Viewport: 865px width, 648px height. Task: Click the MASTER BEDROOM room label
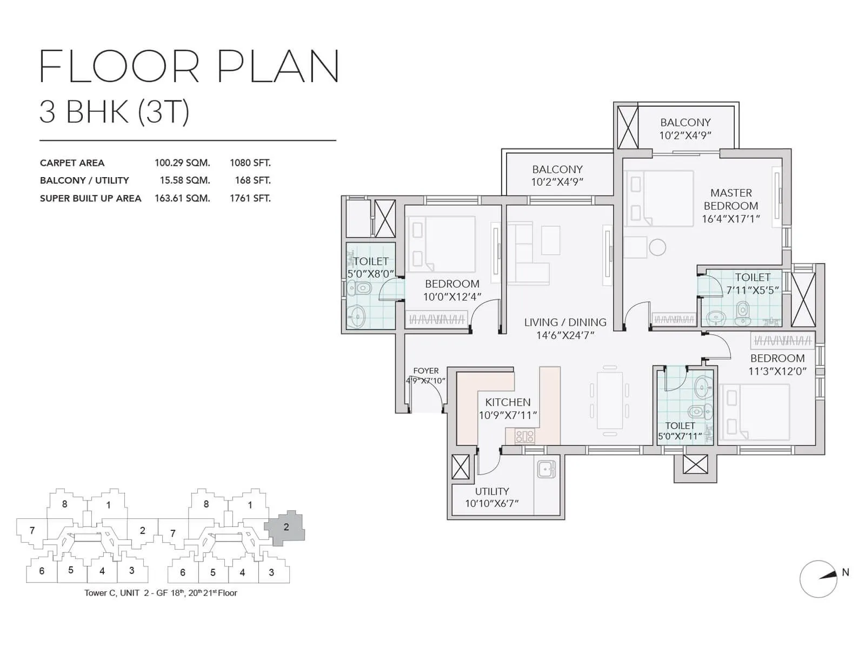[731, 199]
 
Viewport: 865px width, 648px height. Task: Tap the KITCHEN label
[508, 402]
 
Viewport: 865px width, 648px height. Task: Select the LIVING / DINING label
[565, 322]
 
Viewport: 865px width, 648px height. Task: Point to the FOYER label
[426, 371]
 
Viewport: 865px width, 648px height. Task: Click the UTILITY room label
[492, 491]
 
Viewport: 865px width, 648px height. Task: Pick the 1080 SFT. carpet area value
[250, 163]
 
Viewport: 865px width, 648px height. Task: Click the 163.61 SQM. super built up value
[182, 198]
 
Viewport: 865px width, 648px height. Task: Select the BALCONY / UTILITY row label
[84, 180]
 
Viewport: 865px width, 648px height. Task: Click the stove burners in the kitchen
[524, 436]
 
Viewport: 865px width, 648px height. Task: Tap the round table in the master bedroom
[657, 247]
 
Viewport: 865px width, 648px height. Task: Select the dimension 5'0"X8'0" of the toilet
[370, 274]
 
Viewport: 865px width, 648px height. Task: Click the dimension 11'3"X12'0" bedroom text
[777, 372]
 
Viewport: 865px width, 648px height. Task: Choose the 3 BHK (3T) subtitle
[115, 112]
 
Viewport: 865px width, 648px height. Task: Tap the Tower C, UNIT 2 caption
[161, 593]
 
